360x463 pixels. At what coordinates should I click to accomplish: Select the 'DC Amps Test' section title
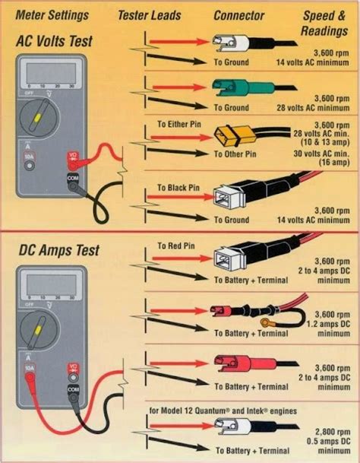pos(58,251)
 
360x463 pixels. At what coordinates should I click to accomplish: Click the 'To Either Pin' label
pos(182,123)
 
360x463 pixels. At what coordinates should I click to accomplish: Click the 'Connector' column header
pos(239,15)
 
